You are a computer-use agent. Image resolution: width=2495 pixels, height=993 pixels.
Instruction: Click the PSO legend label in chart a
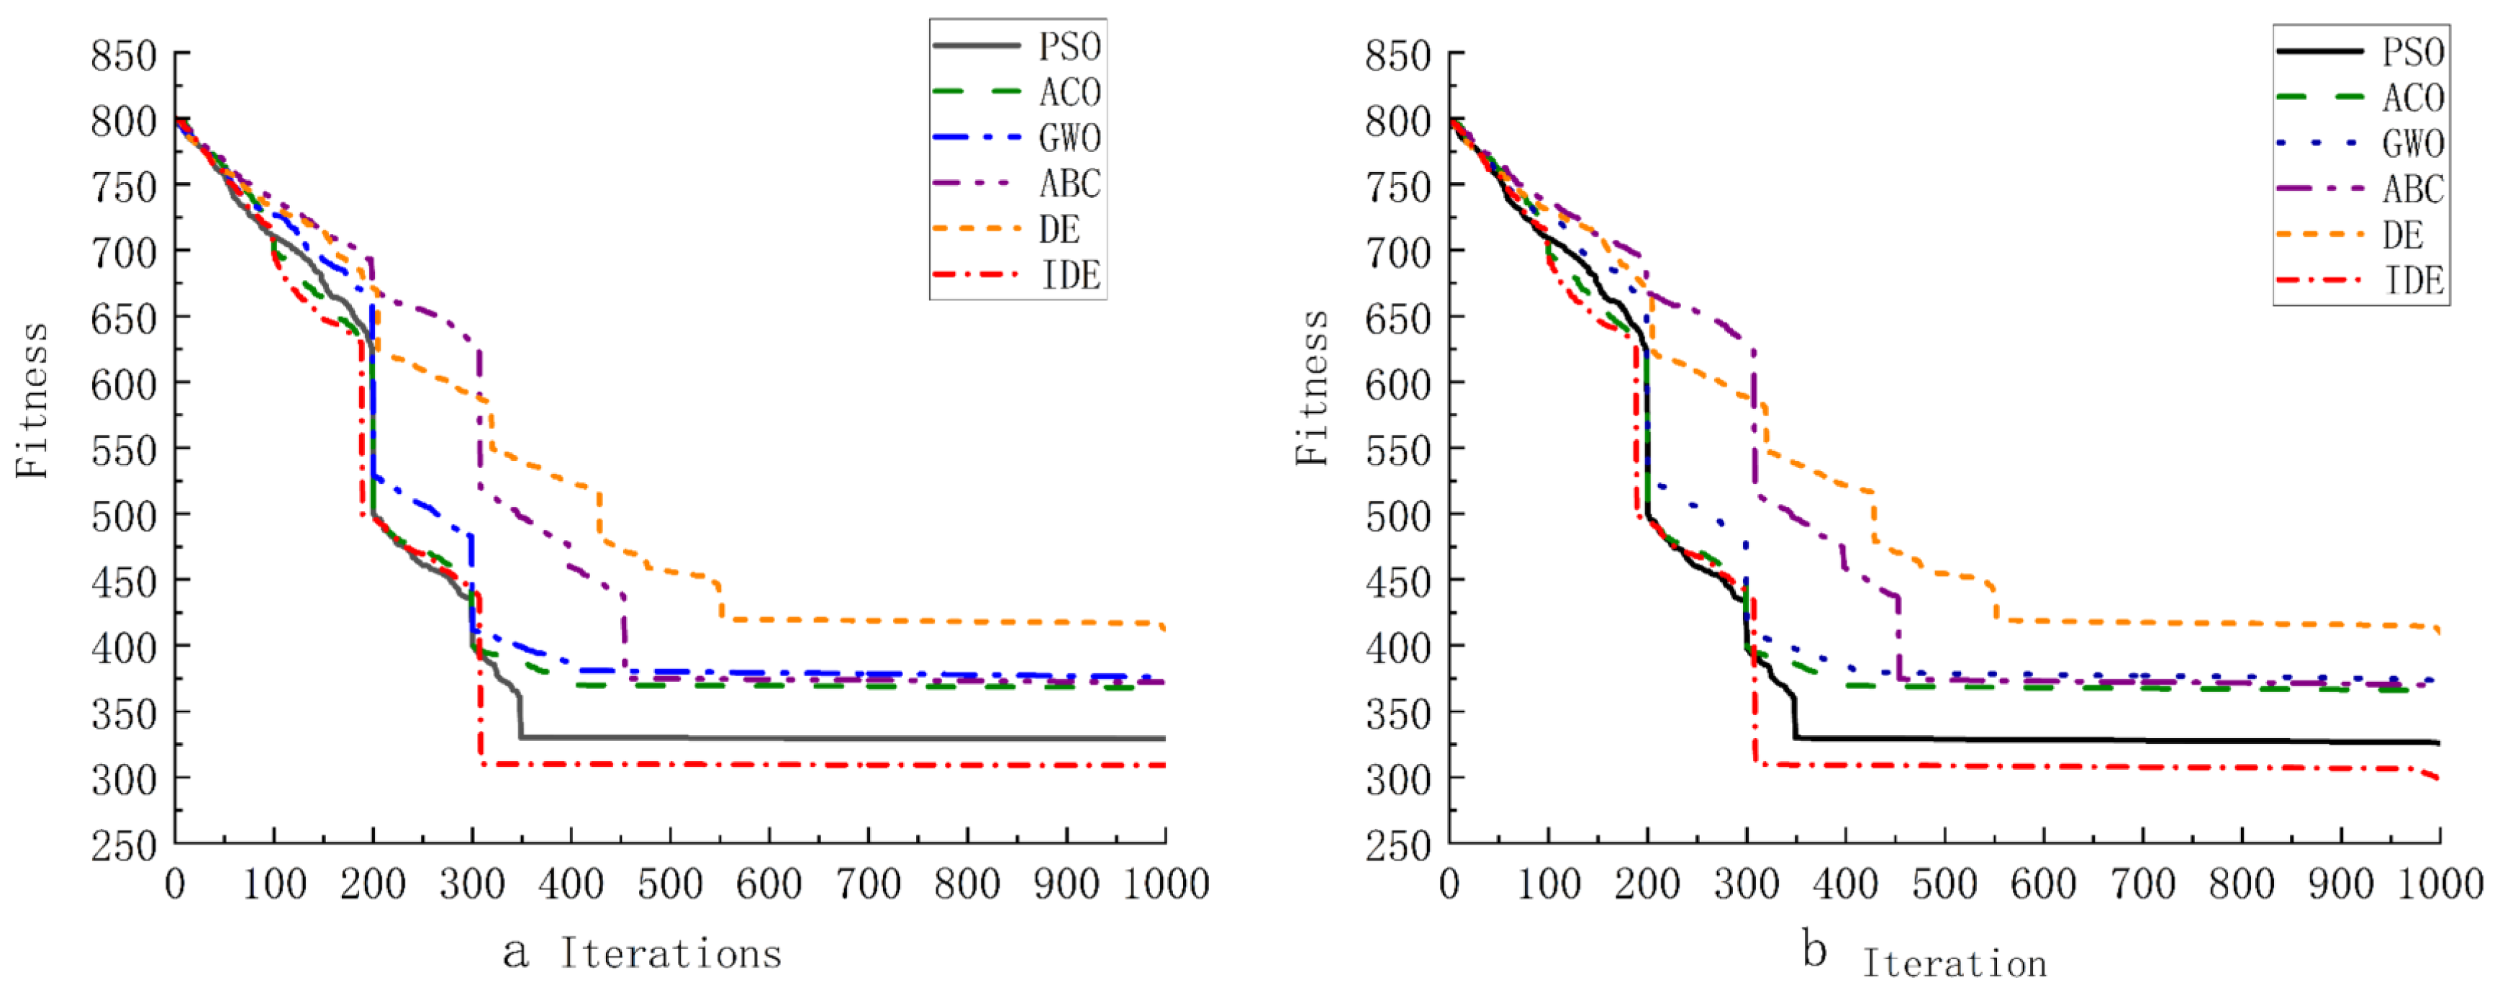tap(1069, 47)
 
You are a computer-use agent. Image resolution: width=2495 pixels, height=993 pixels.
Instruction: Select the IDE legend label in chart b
tap(2413, 281)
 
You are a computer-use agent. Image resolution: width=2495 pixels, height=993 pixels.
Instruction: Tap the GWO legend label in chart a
tap(1069, 138)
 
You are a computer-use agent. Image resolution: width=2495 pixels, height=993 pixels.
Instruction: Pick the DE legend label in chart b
tap(2402, 235)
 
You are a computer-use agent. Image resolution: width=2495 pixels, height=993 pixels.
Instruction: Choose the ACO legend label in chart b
tap(2413, 98)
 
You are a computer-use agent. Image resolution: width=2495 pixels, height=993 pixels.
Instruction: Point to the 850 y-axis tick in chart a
tap(124, 56)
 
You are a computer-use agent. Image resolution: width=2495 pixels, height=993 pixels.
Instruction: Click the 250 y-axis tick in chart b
tap(1398, 846)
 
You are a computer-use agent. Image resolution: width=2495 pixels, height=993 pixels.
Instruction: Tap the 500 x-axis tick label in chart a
tap(670, 884)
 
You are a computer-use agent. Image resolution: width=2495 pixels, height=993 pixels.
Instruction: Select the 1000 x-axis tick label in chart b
tap(2440, 884)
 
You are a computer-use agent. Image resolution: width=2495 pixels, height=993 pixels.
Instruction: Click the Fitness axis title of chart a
tap(32, 400)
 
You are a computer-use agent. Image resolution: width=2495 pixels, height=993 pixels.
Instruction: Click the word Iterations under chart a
tap(670, 954)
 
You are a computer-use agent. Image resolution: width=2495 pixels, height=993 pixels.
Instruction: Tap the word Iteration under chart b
tap(1955, 964)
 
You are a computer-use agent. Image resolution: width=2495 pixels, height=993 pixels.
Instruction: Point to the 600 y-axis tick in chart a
tap(124, 385)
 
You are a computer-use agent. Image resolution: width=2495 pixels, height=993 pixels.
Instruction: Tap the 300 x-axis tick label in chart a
tap(471, 884)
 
